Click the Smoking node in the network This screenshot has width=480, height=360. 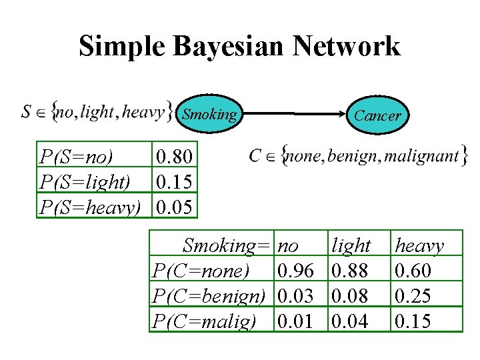(x=209, y=115)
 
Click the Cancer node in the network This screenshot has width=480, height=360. (x=377, y=115)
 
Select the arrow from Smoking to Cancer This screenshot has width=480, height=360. (x=294, y=115)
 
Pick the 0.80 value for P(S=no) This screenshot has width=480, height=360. (x=174, y=158)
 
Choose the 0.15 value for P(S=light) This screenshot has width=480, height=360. (x=174, y=182)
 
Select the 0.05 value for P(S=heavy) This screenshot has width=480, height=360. (x=174, y=207)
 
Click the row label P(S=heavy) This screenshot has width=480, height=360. (x=90, y=207)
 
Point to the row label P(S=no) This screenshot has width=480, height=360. (x=76, y=158)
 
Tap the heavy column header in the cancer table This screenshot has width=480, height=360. (x=419, y=246)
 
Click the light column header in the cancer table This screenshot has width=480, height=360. (x=351, y=246)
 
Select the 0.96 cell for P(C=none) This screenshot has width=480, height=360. (x=295, y=271)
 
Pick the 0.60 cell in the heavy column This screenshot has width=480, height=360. (x=413, y=271)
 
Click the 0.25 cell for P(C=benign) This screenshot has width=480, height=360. (x=413, y=295)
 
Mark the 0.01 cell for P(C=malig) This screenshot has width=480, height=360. (x=295, y=321)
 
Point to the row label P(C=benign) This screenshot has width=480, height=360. (x=209, y=295)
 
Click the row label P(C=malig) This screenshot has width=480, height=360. (x=203, y=321)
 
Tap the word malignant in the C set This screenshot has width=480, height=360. (x=422, y=157)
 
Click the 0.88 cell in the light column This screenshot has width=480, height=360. (x=351, y=271)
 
